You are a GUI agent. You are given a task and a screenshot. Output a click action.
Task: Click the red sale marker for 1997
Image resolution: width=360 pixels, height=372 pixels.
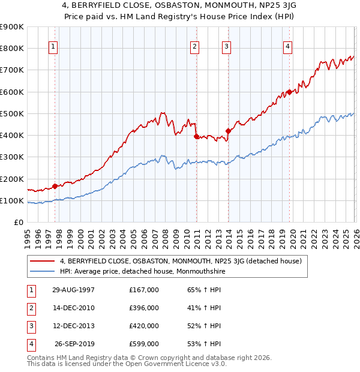(x=55, y=186)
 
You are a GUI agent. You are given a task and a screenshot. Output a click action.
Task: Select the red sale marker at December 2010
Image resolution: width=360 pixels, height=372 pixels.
(x=196, y=136)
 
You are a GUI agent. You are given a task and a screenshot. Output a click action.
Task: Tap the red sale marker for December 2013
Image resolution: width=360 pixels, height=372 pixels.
(x=228, y=131)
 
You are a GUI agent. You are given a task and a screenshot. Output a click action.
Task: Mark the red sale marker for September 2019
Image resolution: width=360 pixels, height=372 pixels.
(x=289, y=92)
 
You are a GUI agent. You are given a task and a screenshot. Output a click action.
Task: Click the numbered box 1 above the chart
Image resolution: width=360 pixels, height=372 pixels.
(x=53, y=47)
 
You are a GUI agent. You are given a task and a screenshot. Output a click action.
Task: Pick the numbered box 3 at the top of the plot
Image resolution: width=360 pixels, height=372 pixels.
(x=227, y=47)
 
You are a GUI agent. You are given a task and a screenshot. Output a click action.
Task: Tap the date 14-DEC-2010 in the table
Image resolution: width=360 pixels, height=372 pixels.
(x=73, y=308)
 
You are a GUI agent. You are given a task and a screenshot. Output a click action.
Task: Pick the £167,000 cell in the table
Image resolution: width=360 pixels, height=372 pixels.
(x=144, y=290)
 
